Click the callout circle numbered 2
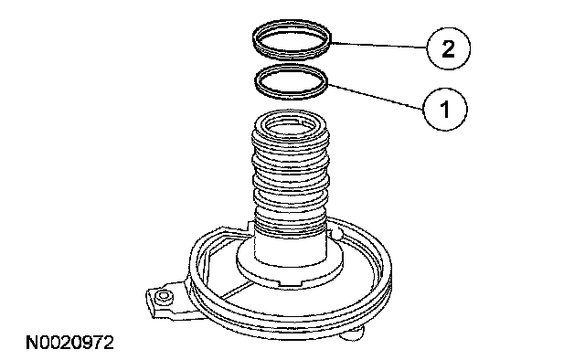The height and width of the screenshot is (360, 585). point(448,48)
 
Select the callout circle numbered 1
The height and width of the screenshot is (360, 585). point(445,110)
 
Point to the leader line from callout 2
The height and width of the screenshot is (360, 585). point(378,45)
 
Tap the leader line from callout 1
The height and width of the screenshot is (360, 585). point(376,97)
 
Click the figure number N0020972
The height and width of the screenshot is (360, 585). point(69,343)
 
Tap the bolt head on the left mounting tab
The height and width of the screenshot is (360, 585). point(164,297)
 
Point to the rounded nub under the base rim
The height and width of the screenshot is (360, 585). point(353,334)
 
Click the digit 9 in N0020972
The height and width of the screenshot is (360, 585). point(88,343)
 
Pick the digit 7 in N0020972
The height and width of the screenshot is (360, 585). point(98,343)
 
